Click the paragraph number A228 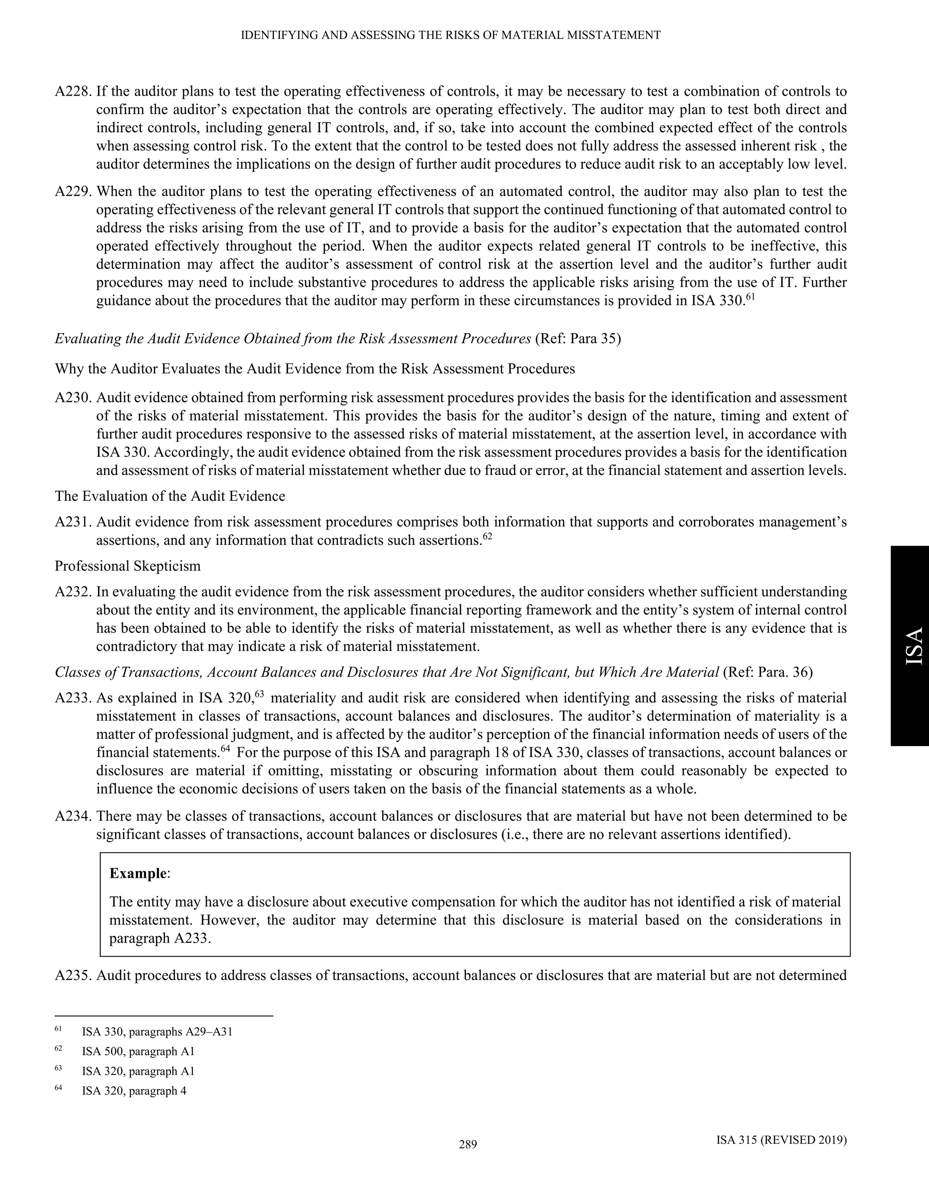pos(74,91)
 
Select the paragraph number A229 pos(74,192)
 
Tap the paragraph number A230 pos(74,397)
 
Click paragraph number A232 pos(74,592)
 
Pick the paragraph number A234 pos(74,817)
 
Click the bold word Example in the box pos(137,874)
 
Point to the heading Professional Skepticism pos(127,567)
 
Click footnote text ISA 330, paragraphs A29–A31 pos(157,1032)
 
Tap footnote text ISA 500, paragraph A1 pos(138,1052)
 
